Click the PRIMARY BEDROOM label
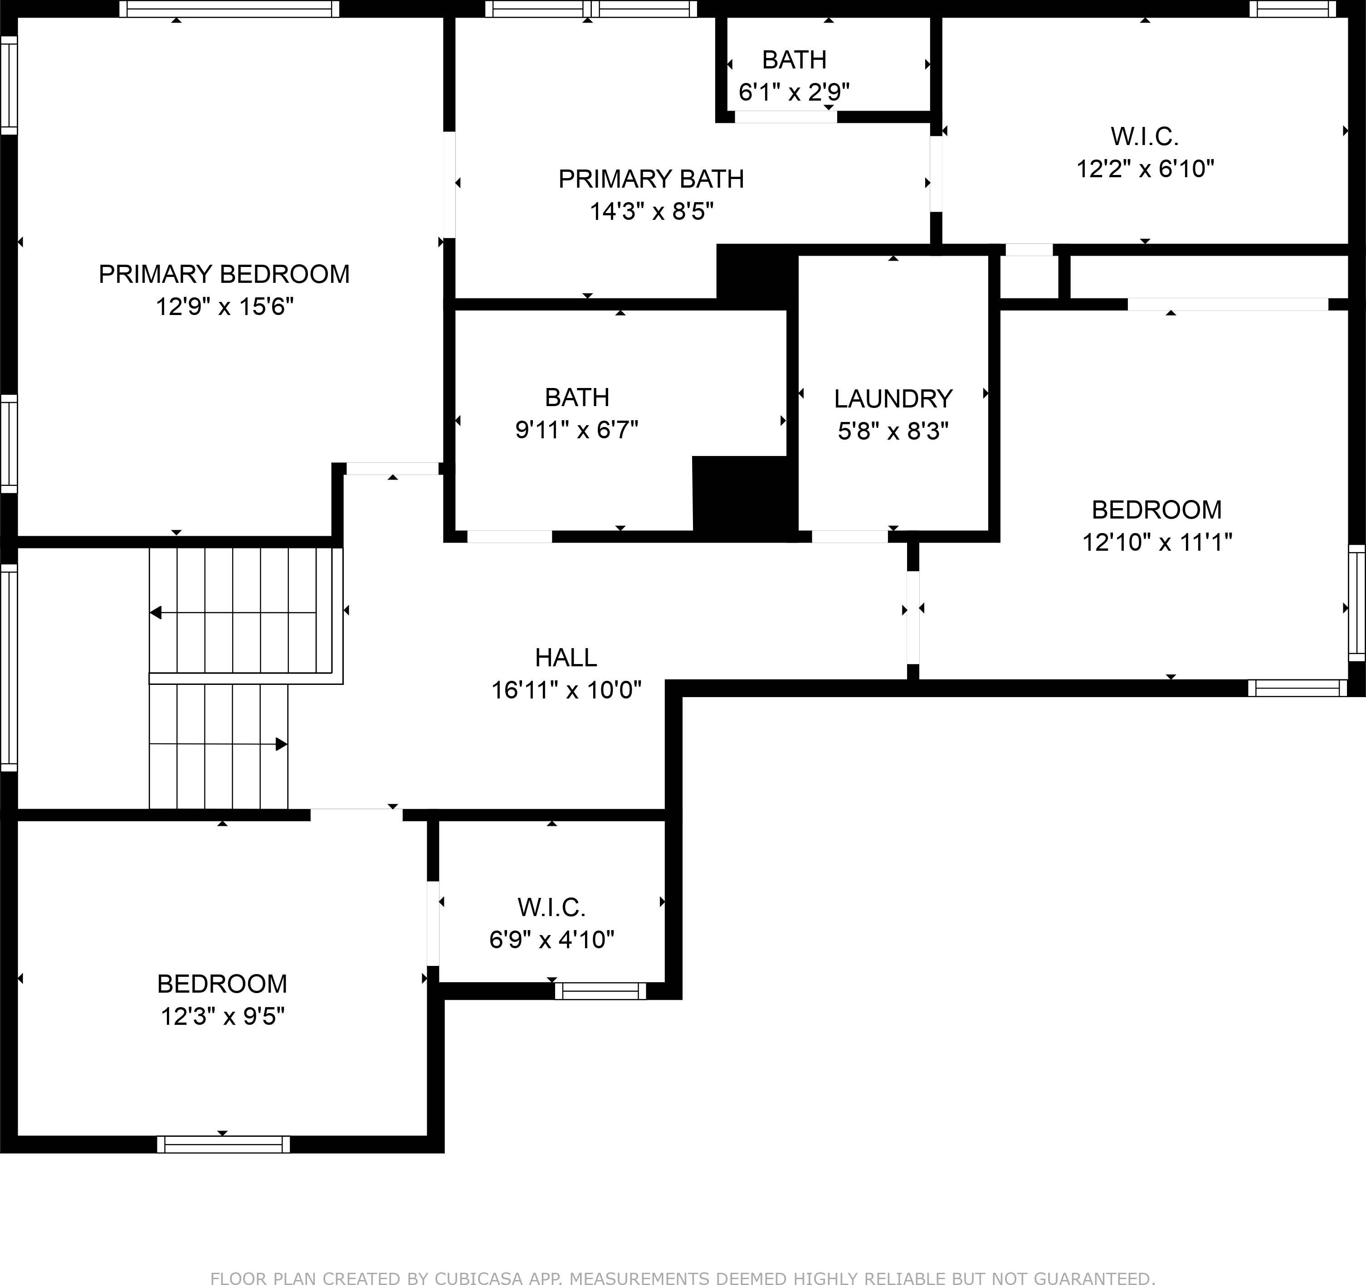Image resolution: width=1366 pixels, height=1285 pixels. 224,274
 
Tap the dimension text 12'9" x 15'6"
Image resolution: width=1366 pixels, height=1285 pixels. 224,306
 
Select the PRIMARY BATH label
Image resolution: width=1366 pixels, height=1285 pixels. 651,179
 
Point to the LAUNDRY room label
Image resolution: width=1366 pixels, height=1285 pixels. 893,398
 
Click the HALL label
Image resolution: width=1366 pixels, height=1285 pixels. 566,657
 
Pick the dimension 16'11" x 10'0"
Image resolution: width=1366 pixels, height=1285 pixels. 566,689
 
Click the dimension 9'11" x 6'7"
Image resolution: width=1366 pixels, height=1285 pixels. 576,430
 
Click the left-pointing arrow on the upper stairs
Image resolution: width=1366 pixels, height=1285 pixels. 156,613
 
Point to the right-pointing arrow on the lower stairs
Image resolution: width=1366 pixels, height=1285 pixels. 281,744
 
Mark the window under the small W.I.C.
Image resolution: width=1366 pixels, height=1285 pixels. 600,990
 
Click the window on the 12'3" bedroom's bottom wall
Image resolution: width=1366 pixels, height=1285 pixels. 223,1144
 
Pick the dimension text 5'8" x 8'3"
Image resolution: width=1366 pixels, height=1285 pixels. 893,432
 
